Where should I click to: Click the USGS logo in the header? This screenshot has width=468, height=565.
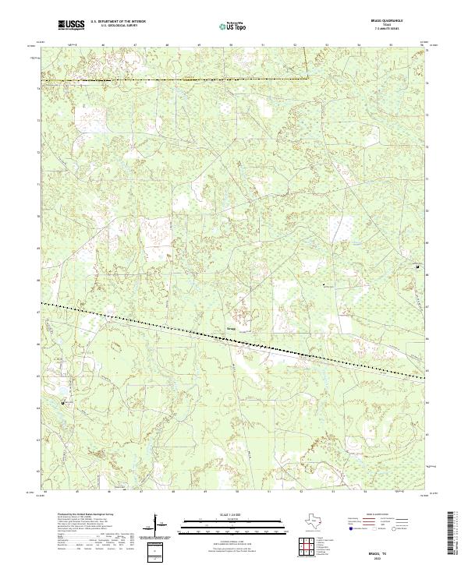coord(72,26)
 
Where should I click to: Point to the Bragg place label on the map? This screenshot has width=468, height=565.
coord(230,329)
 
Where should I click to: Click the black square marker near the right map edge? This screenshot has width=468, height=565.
coord(418,267)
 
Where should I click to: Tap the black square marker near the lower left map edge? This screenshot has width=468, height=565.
coord(64,402)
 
